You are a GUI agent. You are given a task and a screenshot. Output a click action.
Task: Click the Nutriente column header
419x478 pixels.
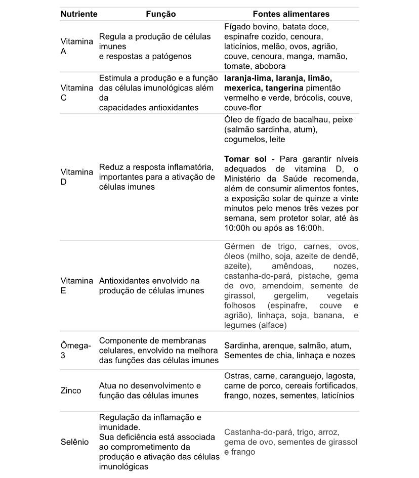click(x=79, y=14)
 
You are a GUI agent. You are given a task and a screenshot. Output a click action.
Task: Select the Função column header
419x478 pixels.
click(x=160, y=14)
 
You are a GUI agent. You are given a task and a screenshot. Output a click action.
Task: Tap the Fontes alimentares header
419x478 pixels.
click(x=291, y=14)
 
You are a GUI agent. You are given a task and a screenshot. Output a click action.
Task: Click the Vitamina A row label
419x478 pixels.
click(x=76, y=46)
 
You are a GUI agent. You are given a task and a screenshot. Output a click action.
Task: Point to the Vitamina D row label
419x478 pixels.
click(x=76, y=177)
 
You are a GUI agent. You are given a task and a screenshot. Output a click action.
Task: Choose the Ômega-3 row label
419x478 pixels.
click(x=75, y=351)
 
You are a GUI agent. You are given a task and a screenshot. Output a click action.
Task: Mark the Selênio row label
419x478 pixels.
click(x=74, y=442)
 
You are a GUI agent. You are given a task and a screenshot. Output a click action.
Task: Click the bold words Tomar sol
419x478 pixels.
click(x=245, y=159)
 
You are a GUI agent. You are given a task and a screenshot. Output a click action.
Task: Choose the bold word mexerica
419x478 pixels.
click(x=242, y=88)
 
